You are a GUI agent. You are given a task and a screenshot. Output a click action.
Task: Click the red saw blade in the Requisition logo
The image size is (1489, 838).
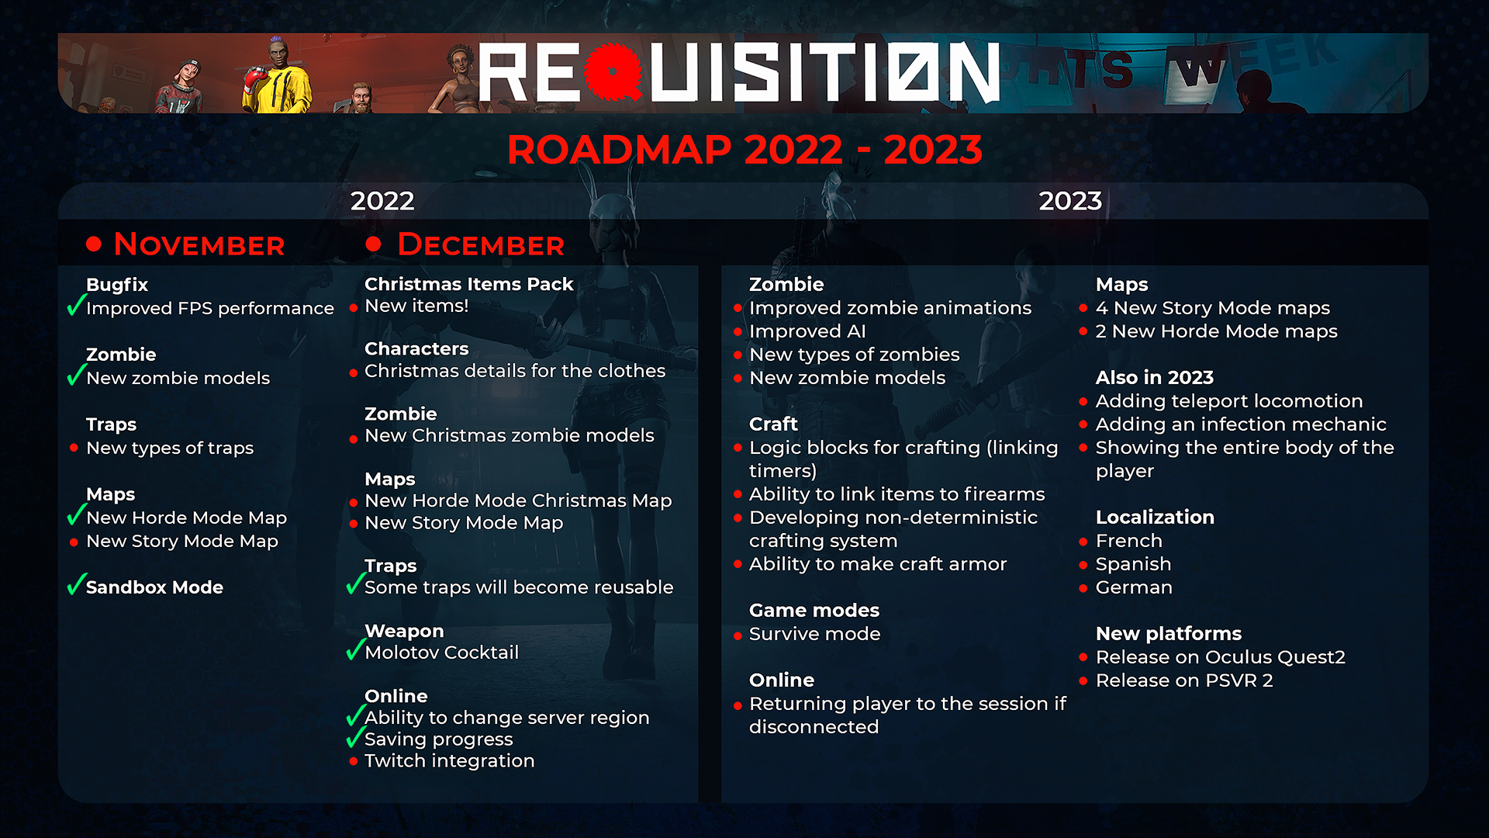(x=613, y=72)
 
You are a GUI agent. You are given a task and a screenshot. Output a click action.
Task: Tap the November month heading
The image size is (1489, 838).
(x=199, y=244)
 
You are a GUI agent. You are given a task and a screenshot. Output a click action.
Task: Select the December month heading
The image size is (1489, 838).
(x=481, y=244)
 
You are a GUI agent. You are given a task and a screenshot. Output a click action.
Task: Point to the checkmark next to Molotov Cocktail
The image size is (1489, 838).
(x=355, y=649)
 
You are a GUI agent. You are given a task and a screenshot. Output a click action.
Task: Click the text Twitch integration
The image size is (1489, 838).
(x=450, y=760)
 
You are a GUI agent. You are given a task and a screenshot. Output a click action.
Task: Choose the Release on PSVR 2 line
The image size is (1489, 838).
(x=1184, y=680)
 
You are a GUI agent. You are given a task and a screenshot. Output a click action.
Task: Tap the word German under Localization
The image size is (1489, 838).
(x=1134, y=587)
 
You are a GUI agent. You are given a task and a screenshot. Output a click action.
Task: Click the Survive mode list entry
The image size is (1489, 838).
(x=815, y=634)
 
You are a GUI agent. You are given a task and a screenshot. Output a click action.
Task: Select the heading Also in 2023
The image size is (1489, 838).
(x=1155, y=378)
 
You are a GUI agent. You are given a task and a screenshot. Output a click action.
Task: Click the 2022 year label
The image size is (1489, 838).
(x=382, y=201)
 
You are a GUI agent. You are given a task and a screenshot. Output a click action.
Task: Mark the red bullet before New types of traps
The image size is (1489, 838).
(x=74, y=448)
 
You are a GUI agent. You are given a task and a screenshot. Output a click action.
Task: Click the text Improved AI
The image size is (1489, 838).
(x=807, y=331)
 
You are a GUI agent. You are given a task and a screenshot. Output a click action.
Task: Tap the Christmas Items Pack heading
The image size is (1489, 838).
(x=469, y=284)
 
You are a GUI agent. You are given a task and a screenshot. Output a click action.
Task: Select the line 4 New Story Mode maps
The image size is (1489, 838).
(x=1213, y=308)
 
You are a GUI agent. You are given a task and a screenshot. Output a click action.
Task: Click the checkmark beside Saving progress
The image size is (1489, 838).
(x=355, y=736)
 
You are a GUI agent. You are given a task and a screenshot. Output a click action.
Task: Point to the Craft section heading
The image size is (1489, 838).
(x=773, y=424)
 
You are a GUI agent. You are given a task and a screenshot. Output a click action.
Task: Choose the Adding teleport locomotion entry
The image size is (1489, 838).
(x=1229, y=401)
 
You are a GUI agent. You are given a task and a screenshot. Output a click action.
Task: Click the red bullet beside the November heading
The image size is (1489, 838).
(x=94, y=244)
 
